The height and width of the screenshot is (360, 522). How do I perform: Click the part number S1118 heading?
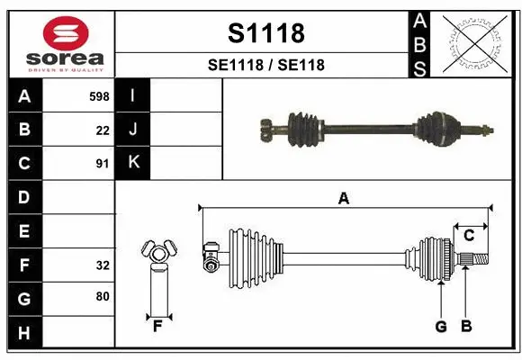point(265,33)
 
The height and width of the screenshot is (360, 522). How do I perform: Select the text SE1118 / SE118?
point(265,65)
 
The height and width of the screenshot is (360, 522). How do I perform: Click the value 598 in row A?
point(99,96)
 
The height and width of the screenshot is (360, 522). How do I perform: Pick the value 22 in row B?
point(103,130)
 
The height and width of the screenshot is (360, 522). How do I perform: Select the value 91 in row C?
point(103,164)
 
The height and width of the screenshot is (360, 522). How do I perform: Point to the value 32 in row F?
point(103,265)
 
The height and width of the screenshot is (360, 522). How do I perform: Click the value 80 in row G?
point(103,296)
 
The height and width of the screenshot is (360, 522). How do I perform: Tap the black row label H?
point(24,334)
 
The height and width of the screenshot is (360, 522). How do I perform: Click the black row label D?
point(24,197)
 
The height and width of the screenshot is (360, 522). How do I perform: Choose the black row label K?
point(133,163)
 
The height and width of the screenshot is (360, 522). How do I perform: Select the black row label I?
point(133,95)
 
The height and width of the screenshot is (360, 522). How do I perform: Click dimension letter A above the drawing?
point(343,199)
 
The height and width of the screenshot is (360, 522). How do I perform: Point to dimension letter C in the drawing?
point(469,236)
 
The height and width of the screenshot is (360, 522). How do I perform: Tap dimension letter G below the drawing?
point(441,326)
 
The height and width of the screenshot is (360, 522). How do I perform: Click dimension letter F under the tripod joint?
point(157,326)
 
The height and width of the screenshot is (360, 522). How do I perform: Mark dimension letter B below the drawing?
point(466,326)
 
